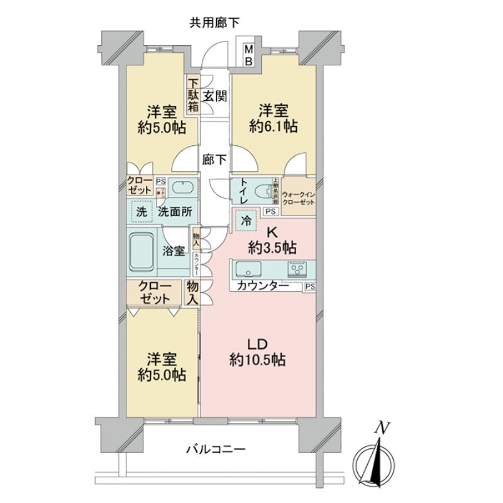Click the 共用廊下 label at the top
pos(214,23)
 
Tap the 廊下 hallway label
pos(214,160)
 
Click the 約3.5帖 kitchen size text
pos(272,246)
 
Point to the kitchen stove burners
pos(296,271)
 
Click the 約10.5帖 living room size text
pos(257,360)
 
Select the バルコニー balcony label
pos(215,450)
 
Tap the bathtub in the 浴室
pos(143,251)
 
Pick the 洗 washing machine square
pos(142,212)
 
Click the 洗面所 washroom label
pos(175,212)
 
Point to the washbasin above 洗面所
pos(184,189)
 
